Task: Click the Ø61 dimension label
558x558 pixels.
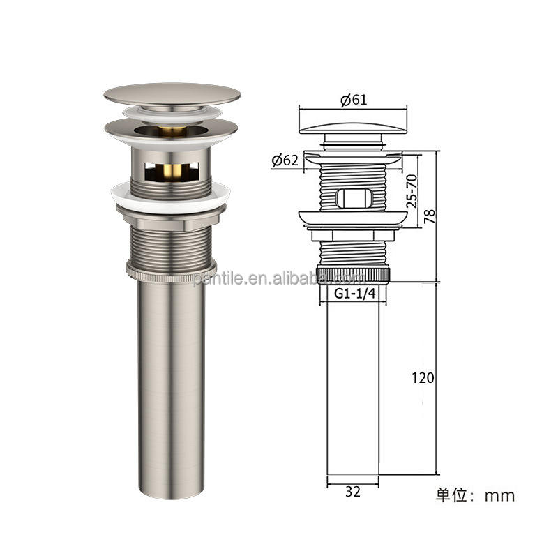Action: [354, 100]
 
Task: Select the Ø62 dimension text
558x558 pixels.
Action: [285, 160]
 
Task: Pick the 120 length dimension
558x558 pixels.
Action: [423, 378]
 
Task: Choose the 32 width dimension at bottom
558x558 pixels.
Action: [353, 491]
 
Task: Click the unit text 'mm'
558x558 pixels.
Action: [500, 496]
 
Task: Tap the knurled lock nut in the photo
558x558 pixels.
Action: [171, 269]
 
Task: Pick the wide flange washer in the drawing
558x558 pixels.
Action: [353, 219]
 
